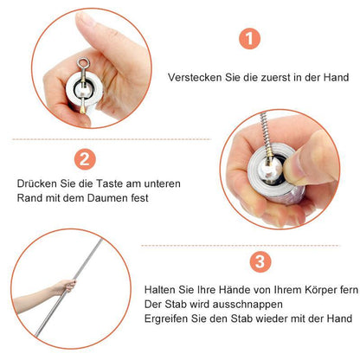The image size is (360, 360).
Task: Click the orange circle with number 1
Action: [x=249, y=38]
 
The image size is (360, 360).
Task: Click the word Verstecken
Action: [x=196, y=77]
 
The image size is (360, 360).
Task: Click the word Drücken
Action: [x=35, y=184]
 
